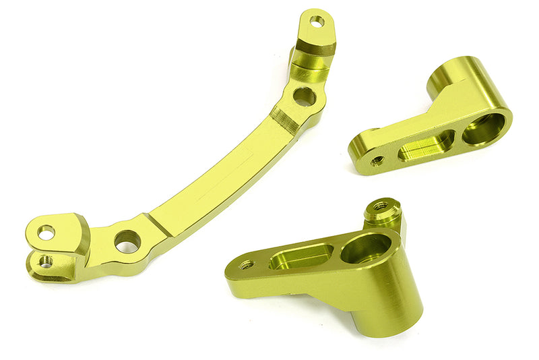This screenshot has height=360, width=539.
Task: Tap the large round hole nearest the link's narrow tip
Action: [x=304, y=96]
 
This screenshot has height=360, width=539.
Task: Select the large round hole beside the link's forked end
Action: [x=127, y=241]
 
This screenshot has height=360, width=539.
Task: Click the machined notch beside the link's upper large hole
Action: [x=286, y=121]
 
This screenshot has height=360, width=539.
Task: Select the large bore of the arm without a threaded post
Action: [x=483, y=128]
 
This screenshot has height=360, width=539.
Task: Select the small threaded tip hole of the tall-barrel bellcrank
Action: [x=247, y=265]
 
